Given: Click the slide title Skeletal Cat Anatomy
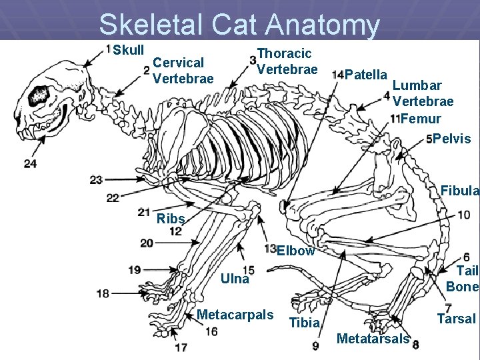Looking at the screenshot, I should pos(239,25).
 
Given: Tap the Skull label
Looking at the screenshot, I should pos(128,51).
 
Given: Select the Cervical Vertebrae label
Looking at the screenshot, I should pos(183,71).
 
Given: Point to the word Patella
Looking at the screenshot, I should pos(367,73).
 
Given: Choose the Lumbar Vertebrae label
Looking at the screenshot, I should pos(423,93).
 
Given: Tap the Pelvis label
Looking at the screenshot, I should pos(452,139).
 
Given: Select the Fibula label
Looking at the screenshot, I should pos(460,191).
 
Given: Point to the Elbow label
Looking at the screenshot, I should pos(295,251).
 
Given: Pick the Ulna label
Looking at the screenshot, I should pos(235,279).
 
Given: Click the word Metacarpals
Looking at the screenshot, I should pos(235,315).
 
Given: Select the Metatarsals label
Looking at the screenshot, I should pos(373,339).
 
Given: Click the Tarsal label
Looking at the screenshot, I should pos(457,319).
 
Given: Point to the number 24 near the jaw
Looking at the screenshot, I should pos(29,163).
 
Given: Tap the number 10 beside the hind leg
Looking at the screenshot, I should pos(463,215).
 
